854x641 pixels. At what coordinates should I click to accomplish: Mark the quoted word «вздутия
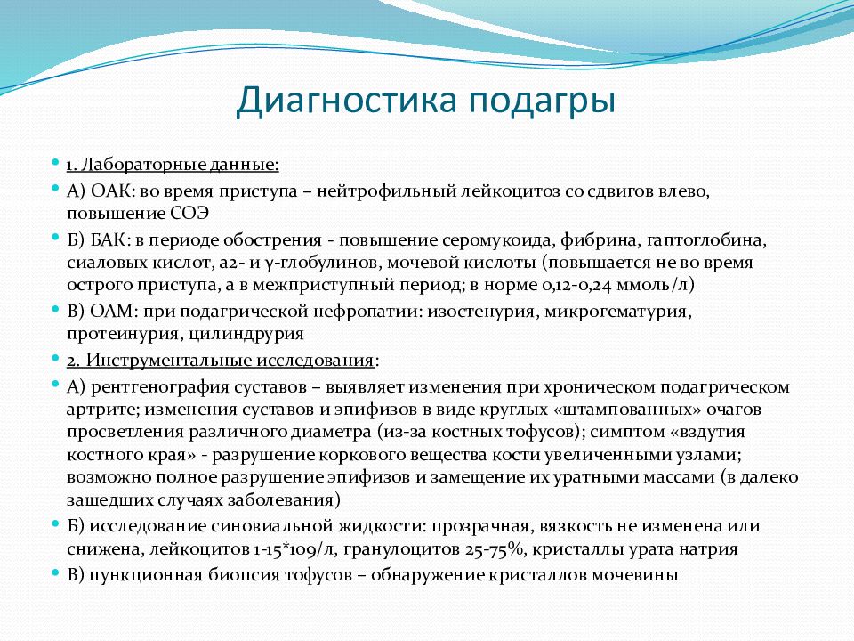(x=734, y=431)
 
